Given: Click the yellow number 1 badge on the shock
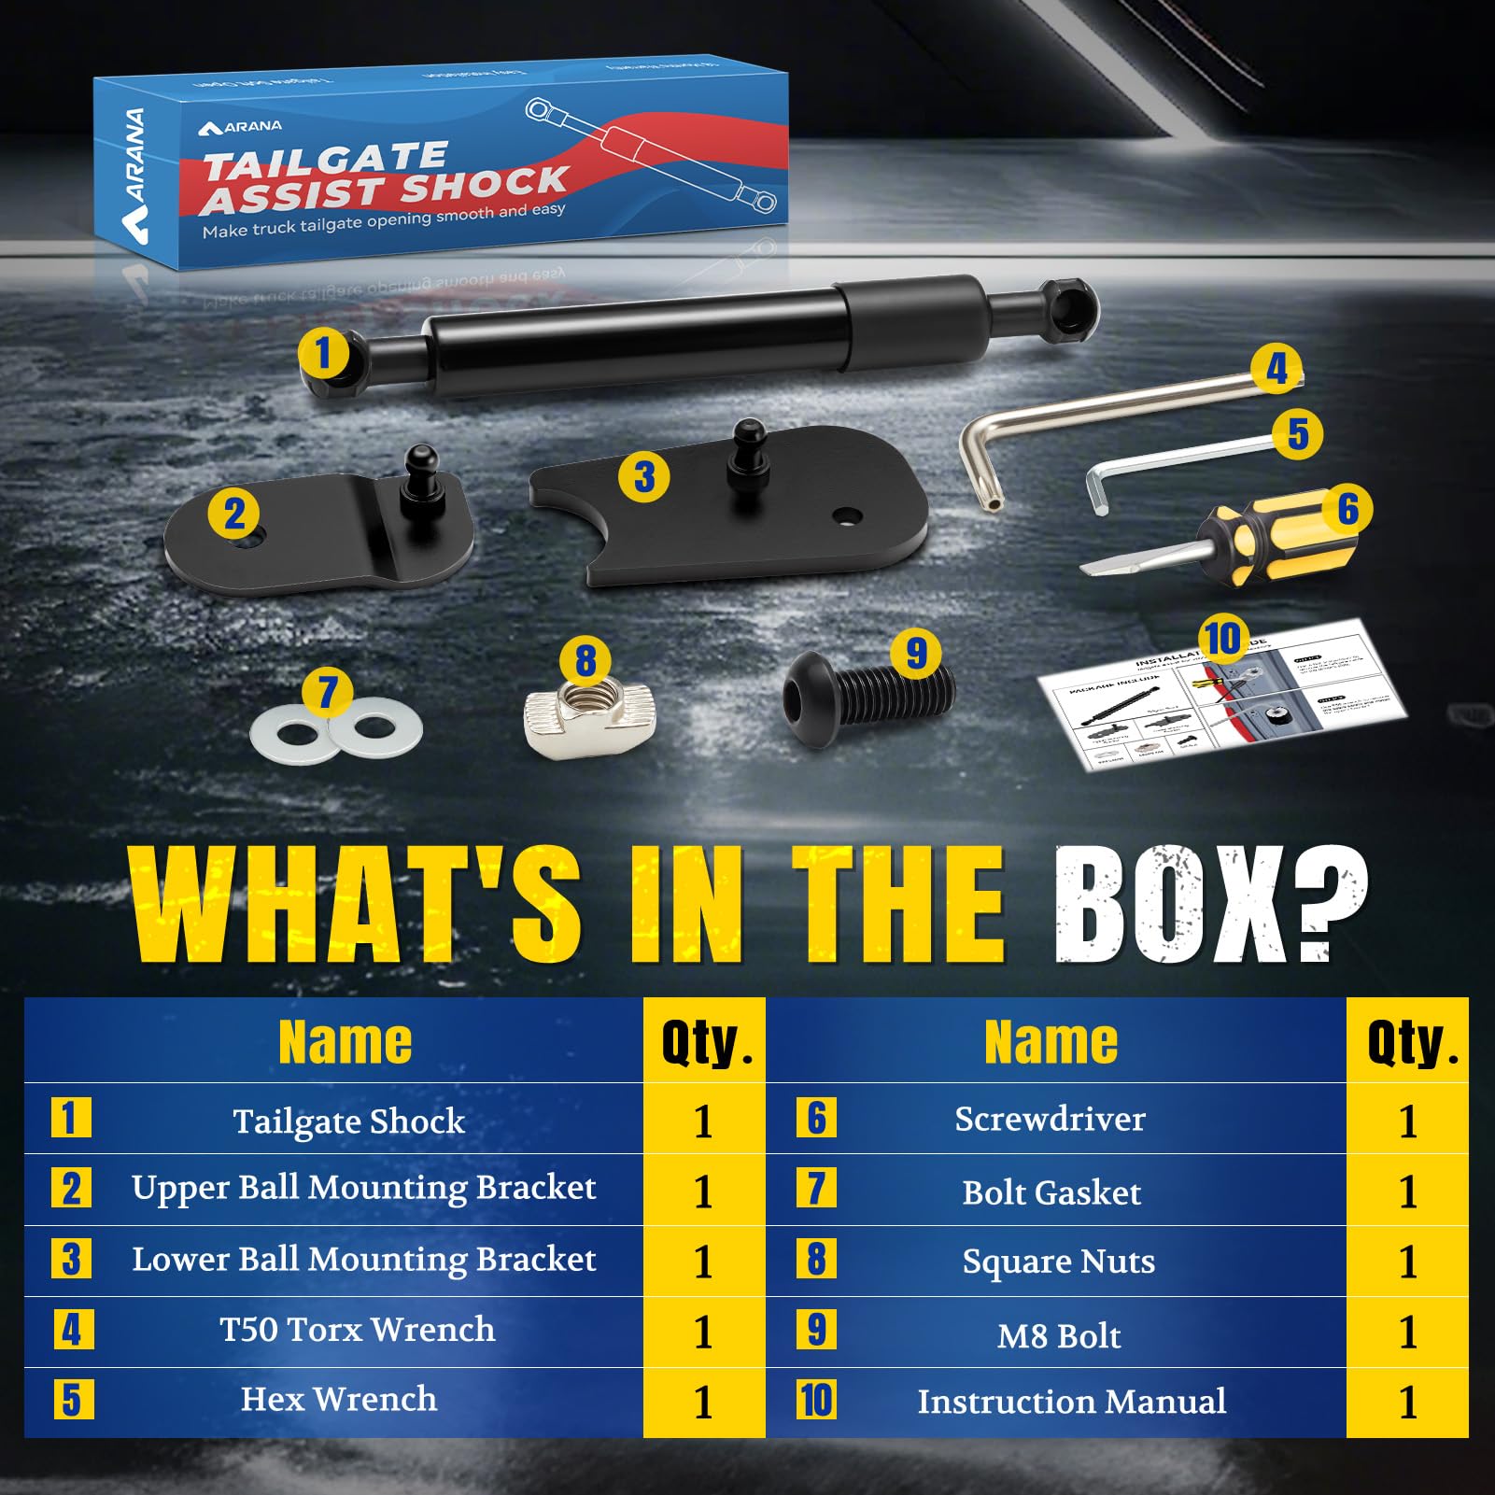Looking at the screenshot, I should pyautogui.click(x=323, y=354).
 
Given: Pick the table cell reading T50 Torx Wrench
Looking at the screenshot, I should pyautogui.click(x=357, y=1330).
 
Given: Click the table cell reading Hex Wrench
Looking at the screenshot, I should pyautogui.click(x=338, y=1400).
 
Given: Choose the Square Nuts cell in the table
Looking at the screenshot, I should pyautogui.click(x=1058, y=1262).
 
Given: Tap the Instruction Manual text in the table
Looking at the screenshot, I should pyautogui.click(x=1071, y=1402).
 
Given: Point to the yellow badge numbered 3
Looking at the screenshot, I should pyautogui.click(x=644, y=476).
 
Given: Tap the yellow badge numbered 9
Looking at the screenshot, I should pyautogui.click(x=916, y=653).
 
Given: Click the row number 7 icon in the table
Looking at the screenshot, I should pyautogui.click(x=816, y=1189).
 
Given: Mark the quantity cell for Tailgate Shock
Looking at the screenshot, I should pyautogui.click(x=703, y=1121).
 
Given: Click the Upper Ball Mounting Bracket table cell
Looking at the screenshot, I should pyautogui.click(x=363, y=1188).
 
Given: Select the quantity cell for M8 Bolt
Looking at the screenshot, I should pyautogui.click(x=1407, y=1333).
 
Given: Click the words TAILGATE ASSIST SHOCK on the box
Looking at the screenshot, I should pyautogui.click(x=383, y=177).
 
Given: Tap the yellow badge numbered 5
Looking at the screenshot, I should pyautogui.click(x=1298, y=433).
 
